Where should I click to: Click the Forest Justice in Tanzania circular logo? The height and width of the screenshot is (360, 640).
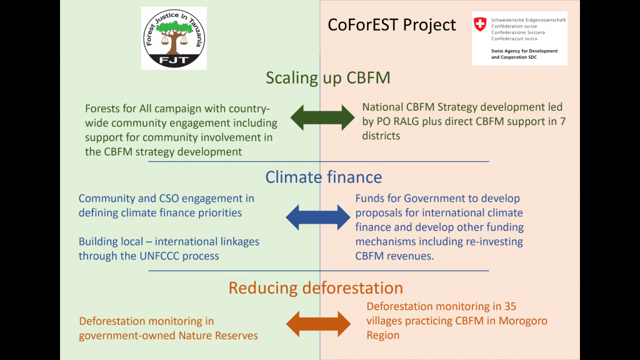pyautogui.click(x=174, y=38)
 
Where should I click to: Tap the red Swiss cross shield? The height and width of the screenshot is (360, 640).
pyautogui.click(x=480, y=24)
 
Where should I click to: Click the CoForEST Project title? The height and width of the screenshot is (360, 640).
pyautogui.click(x=391, y=25)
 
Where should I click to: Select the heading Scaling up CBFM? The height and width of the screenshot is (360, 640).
pyautogui.click(x=328, y=77)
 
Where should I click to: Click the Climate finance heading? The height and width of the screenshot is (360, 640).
pyautogui.click(x=324, y=177)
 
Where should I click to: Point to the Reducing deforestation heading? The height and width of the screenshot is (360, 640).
pyautogui.click(x=316, y=287)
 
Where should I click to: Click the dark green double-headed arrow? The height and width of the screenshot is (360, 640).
pyautogui.click(x=322, y=117)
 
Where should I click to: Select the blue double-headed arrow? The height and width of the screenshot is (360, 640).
pyautogui.click(x=318, y=217)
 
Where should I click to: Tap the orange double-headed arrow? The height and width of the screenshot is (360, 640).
pyautogui.click(x=318, y=324)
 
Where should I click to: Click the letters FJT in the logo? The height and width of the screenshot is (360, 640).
pyautogui.click(x=174, y=61)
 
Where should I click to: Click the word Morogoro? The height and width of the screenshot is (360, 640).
pyautogui.click(x=523, y=321)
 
